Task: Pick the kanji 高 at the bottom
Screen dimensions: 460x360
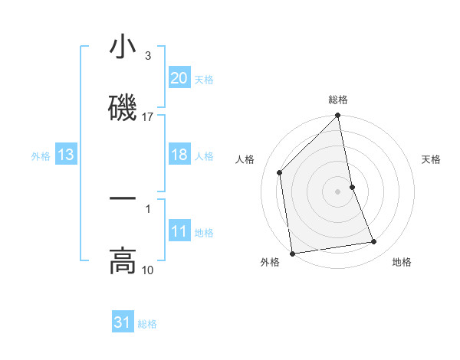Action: tap(123, 261)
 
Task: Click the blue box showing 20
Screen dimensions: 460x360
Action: tap(179, 78)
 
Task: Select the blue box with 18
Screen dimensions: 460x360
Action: tap(179, 155)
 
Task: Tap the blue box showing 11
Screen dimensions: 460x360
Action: tap(179, 231)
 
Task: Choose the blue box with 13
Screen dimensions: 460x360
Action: tap(66, 155)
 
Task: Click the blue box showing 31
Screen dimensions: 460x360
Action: tap(123, 322)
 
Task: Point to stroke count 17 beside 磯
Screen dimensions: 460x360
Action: tap(148, 117)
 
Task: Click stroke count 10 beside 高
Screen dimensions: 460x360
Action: tap(148, 270)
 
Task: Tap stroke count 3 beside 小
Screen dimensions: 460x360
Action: tap(148, 56)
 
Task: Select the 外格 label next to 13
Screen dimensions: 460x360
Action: tap(41, 155)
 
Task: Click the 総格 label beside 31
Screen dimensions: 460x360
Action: tap(147, 324)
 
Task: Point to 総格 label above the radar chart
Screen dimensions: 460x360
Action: tap(338, 100)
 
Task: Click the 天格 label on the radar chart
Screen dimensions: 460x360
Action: tap(432, 159)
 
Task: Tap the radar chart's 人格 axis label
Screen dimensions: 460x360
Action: tap(245, 159)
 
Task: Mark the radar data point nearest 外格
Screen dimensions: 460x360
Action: tap(292, 254)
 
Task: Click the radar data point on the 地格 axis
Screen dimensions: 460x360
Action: tap(374, 242)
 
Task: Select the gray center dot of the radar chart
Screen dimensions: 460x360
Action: tap(337, 191)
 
